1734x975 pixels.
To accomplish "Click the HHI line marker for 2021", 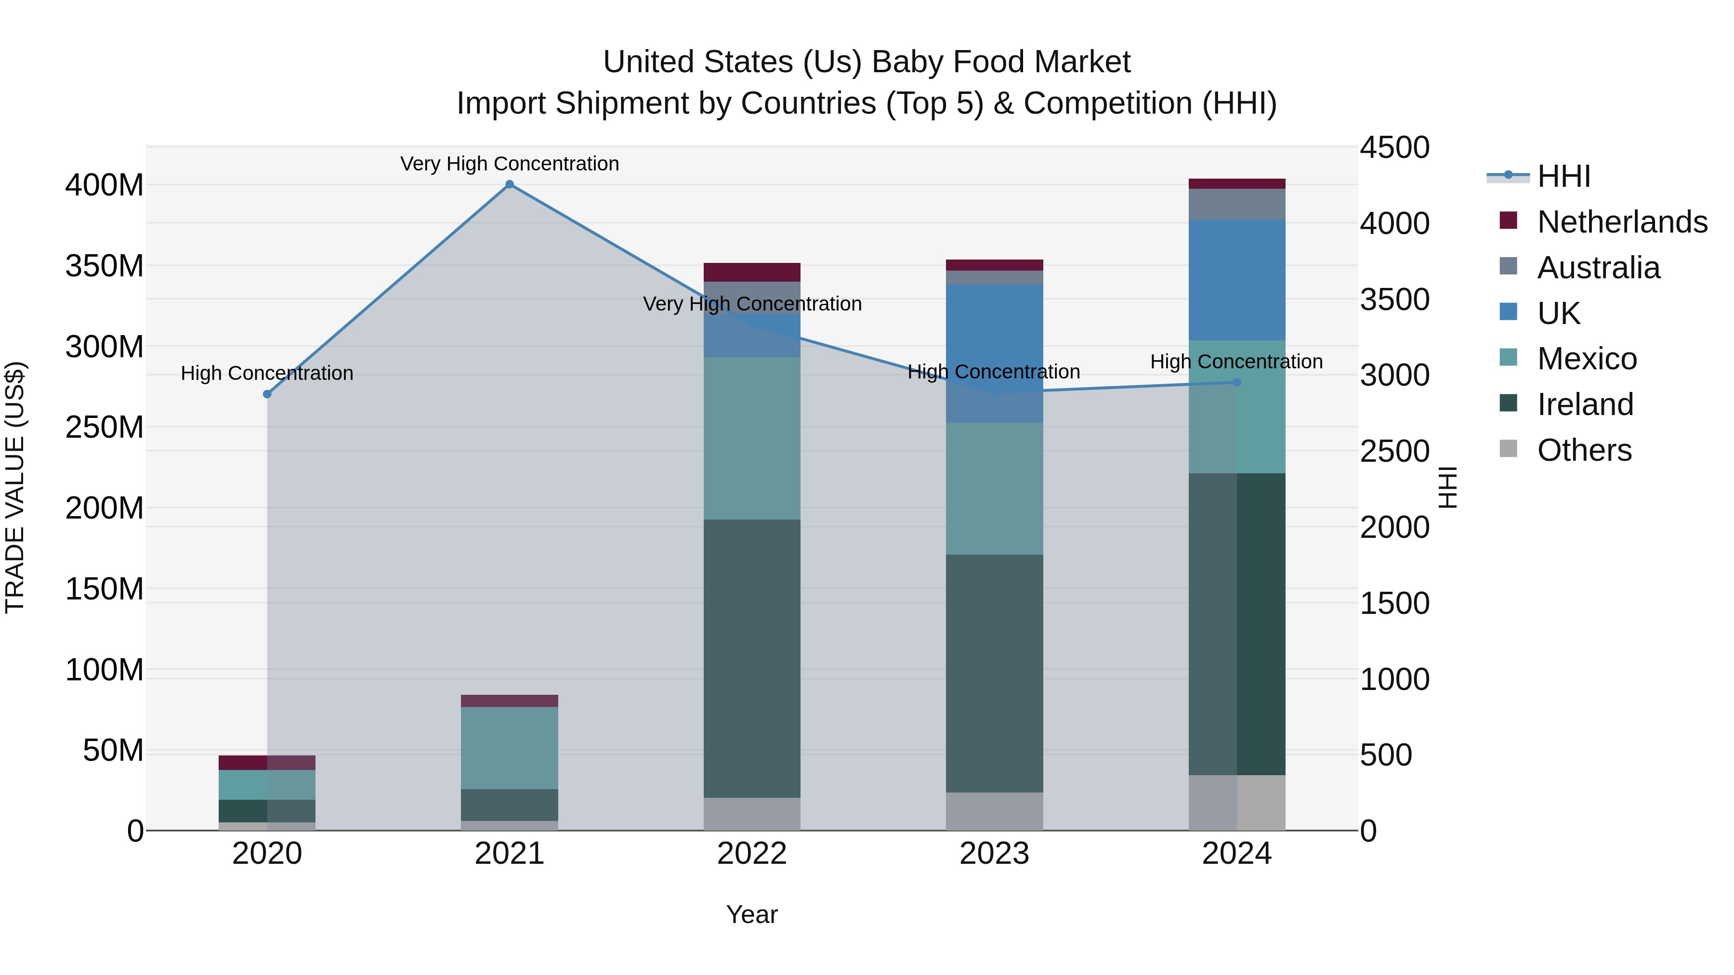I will pyautogui.click(x=510, y=184).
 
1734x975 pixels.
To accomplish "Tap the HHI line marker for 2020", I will pyautogui.click(x=267, y=394).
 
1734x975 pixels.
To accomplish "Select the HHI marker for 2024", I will pyautogui.click(x=1236, y=382).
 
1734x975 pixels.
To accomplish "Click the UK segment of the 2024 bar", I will pyautogui.click(x=1236, y=279).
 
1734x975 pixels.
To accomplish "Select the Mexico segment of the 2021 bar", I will pyautogui.click(x=510, y=748).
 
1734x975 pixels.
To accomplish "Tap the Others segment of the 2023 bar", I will pyautogui.click(x=994, y=811).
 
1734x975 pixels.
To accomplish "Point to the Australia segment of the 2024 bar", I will pyautogui.click(x=1236, y=204).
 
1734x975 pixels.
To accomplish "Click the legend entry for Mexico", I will pyautogui.click(x=1586, y=359).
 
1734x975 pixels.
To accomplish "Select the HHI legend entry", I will pyautogui.click(x=1563, y=176).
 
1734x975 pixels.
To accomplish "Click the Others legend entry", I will pyautogui.click(x=1583, y=450).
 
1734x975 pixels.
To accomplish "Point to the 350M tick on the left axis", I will pyautogui.click(x=105, y=266).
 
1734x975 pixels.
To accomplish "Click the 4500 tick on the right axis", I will pyautogui.click(x=1394, y=147).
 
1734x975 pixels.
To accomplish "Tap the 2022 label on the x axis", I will pyautogui.click(x=752, y=854).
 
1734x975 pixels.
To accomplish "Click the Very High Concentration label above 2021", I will pyautogui.click(x=510, y=164).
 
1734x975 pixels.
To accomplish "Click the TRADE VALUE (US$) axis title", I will pyautogui.click(x=15, y=487).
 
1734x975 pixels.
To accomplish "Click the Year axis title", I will pyautogui.click(x=752, y=914).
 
